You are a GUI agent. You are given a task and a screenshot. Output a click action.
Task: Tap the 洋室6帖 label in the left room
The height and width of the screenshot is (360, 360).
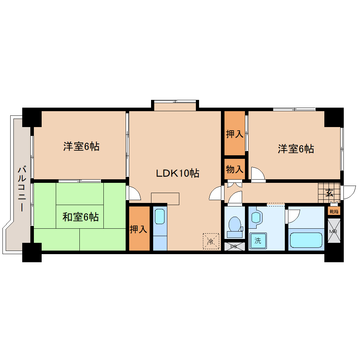(x=81, y=146)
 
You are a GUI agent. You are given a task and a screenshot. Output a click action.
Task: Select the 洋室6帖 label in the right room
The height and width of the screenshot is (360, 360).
(x=296, y=149)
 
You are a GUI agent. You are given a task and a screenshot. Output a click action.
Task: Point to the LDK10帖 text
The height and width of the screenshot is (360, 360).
(x=178, y=173)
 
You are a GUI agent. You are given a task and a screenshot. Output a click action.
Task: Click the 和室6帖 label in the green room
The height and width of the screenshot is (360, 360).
(x=80, y=217)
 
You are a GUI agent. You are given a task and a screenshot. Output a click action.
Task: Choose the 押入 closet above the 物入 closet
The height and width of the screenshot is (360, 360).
(x=235, y=134)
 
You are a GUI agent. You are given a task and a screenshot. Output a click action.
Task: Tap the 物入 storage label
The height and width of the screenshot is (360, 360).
(x=235, y=169)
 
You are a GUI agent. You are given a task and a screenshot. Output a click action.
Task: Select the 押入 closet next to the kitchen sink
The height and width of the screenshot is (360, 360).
(x=138, y=229)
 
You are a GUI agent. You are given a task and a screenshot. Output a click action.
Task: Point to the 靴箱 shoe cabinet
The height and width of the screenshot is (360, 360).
(x=334, y=212)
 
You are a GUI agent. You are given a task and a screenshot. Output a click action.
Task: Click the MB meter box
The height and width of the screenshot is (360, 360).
(x=334, y=232)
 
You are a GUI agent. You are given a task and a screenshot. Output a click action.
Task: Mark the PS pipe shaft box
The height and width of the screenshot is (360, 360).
(x=235, y=246)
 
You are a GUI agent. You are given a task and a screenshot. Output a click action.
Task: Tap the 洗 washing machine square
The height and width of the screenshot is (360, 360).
(x=258, y=241)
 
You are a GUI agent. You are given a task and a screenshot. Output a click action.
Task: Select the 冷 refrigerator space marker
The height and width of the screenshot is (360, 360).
(x=211, y=241)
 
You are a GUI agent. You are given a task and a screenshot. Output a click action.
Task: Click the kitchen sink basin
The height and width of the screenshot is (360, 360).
(x=160, y=216)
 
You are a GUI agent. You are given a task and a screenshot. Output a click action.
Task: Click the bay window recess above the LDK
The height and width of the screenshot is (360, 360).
(x=175, y=106)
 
